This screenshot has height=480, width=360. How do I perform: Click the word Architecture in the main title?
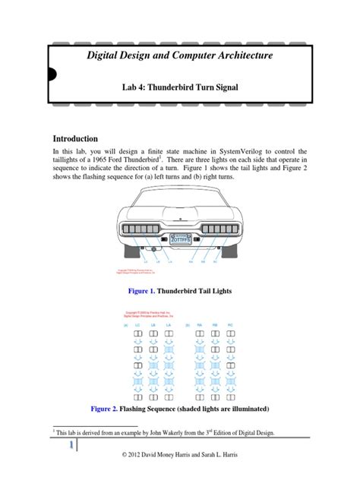pyautogui.click(x=226, y=56)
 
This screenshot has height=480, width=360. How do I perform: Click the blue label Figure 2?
pyautogui.click(x=105, y=408)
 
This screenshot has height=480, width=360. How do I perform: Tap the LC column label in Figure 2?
pyautogui.click(x=137, y=324)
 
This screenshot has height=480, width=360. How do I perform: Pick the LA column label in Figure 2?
pyautogui.click(x=169, y=324)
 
